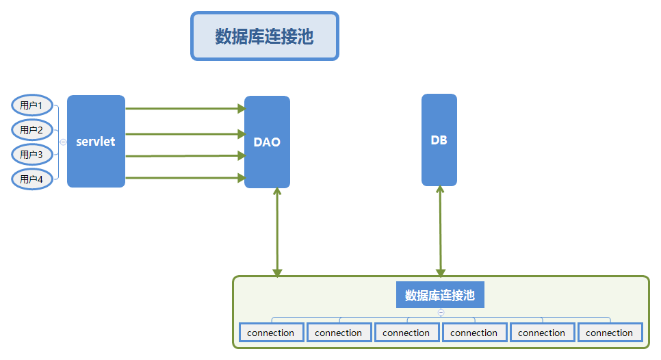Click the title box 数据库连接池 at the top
[265, 36]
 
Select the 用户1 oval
[32, 105]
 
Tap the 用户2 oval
[32, 130]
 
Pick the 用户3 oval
[32, 154]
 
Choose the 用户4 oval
[32, 179]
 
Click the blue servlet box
[96, 141]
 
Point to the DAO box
[268, 142]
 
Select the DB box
[439, 140]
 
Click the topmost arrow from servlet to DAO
[185, 109]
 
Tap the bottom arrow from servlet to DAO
[185, 178]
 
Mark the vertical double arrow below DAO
[277, 232]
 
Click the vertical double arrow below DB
[440, 231]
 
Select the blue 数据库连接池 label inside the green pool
[440, 295]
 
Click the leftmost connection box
[272, 333]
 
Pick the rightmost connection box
[610, 333]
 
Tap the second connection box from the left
[339, 333]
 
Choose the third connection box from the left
[407, 333]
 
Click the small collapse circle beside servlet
[63, 142]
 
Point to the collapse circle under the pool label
[441, 312]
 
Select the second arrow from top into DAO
[185, 134]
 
